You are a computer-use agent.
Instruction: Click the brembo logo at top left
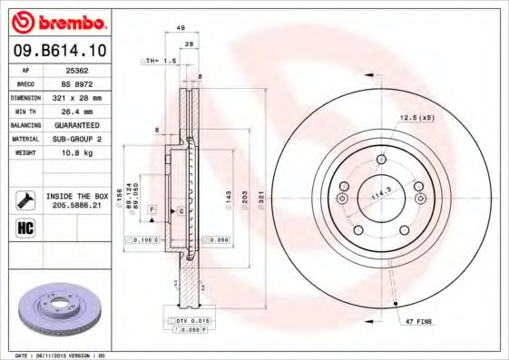[x=60, y=21]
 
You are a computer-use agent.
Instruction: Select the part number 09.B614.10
[x=60, y=51]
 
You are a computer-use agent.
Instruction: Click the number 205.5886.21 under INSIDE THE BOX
[x=77, y=205]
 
